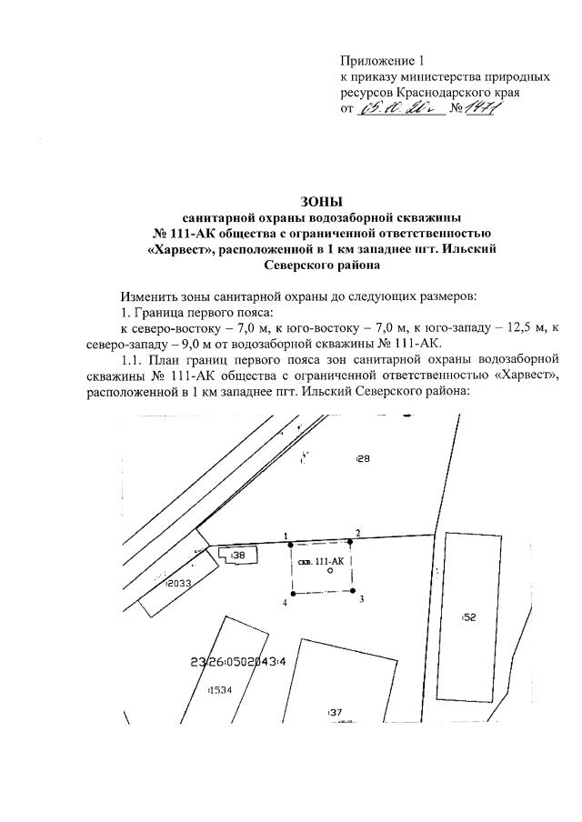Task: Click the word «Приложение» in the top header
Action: coord(375,61)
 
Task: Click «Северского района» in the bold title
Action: coord(318,266)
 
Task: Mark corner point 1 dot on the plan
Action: coord(290,544)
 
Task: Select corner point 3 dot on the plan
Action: coord(354,591)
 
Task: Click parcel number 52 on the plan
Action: coord(469,616)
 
